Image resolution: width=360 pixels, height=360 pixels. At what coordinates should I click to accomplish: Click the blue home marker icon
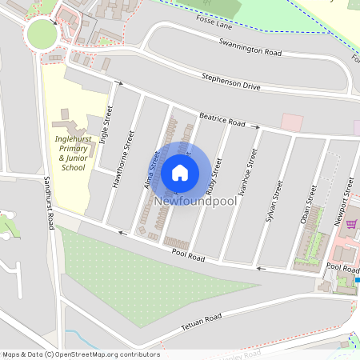pyautogui.click(x=180, y=172)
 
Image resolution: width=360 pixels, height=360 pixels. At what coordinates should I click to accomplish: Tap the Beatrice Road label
pyautogui.click(x=222, y=119)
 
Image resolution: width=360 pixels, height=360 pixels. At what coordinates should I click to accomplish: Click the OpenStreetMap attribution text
pyautogui.click(x=81, y=354)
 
